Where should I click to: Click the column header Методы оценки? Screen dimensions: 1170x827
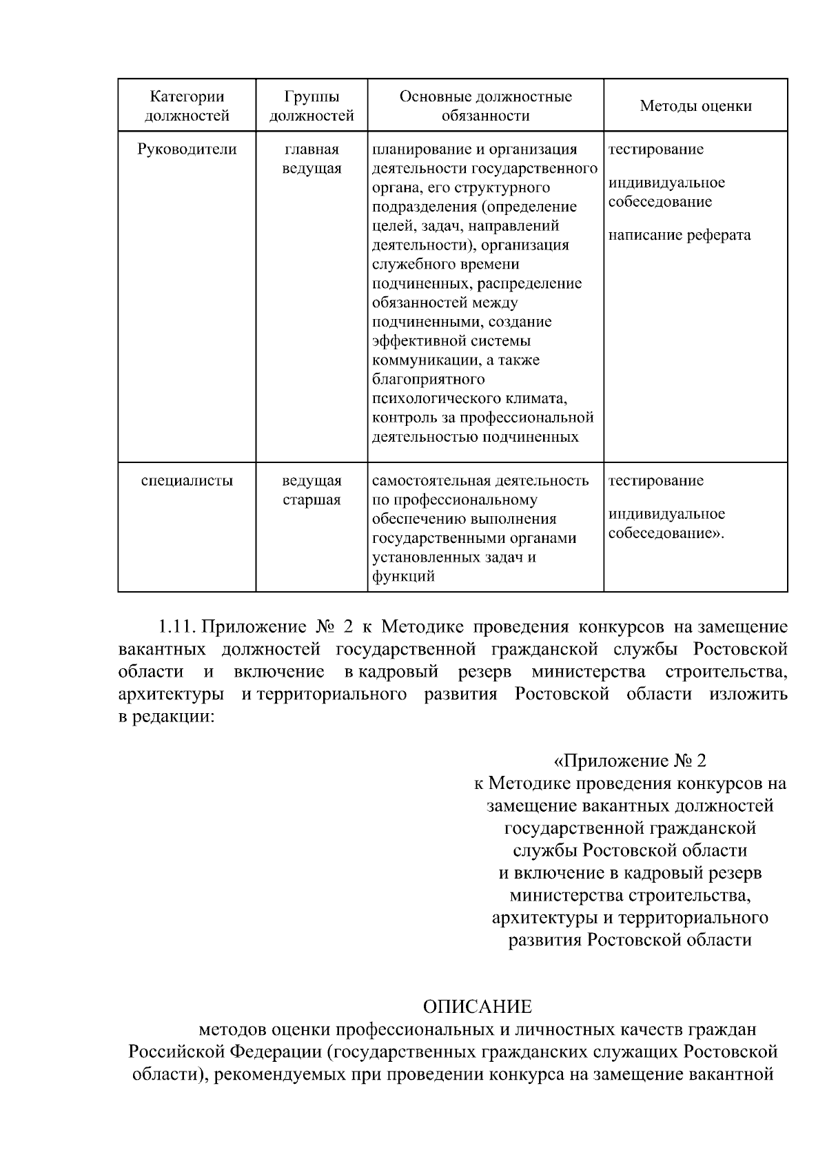pyautogui.click(x=695, y=106)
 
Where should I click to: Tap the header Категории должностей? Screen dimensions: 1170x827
pyautogui.click(x=187, y=106)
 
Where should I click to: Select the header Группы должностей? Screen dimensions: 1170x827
pyautogui.click(x=312, y=106)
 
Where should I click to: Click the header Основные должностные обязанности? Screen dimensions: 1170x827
pyautogui.click(x=485, y=106)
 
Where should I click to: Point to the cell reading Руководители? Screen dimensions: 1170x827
pyautogui.click(x=187, y=150)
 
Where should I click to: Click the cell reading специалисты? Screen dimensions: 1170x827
pyautogui.click(x=187, y=481)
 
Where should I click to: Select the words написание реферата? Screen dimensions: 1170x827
pyautogui.click(x=680, y=236)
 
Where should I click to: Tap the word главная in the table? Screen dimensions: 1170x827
pyautogui.click(x=312, y=150)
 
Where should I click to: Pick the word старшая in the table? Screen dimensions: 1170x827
pyautogui.click(x=312, y=500)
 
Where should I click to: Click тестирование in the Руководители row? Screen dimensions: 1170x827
pyautogui.click(x=655, y=150)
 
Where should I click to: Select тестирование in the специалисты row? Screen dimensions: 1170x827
pyautogui.click(x=655, y=481)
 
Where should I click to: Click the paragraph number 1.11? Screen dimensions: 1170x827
pyautogui.click(x=178, y=627)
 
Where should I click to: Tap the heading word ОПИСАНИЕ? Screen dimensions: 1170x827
pyautogui.click(x=478, y=1007)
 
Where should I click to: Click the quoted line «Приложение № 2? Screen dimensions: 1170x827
pyautogui.click(x=630, y=761)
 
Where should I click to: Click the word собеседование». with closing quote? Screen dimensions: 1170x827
pyautogui.click(x=666, y=533)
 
